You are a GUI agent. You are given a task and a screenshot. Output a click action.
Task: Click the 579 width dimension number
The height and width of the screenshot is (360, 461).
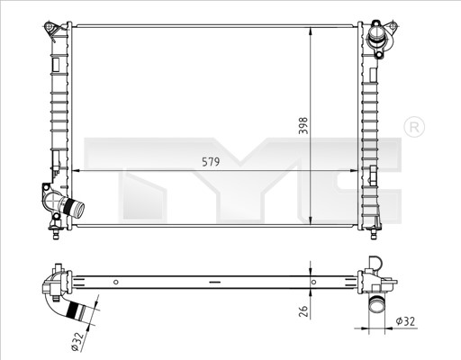pyautogui.click(x=211, y=162)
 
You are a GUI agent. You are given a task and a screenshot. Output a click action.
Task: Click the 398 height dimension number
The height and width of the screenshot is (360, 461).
pyautogui.click(x=303, y=126)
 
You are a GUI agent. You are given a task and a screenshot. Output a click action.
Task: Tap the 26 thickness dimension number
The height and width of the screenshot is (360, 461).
pyautogui.click(x=304, y=311)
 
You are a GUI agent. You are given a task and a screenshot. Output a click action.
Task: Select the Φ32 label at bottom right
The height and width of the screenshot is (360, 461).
pyautogui.click(x=405, y=321)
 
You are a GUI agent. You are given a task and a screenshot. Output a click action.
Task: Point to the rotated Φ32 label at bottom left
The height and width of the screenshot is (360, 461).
pyautogui.click(x=77, y=341)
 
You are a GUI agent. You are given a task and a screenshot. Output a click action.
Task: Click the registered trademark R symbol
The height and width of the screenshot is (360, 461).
pyautogui.click(x=414, y=128)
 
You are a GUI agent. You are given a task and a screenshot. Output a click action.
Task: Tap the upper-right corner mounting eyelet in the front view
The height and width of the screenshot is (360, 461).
pyautogui.click(x=393, y=26)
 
